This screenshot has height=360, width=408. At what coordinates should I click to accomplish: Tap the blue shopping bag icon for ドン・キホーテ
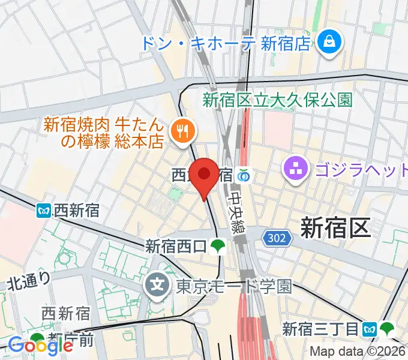(329, 42)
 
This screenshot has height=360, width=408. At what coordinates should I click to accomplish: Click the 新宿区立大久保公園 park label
(277, 100)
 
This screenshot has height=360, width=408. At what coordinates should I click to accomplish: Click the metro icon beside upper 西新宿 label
(44, 211)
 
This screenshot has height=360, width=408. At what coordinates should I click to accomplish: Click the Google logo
(41, 345)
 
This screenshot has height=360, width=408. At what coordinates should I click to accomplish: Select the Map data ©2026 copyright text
(358, 352)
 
